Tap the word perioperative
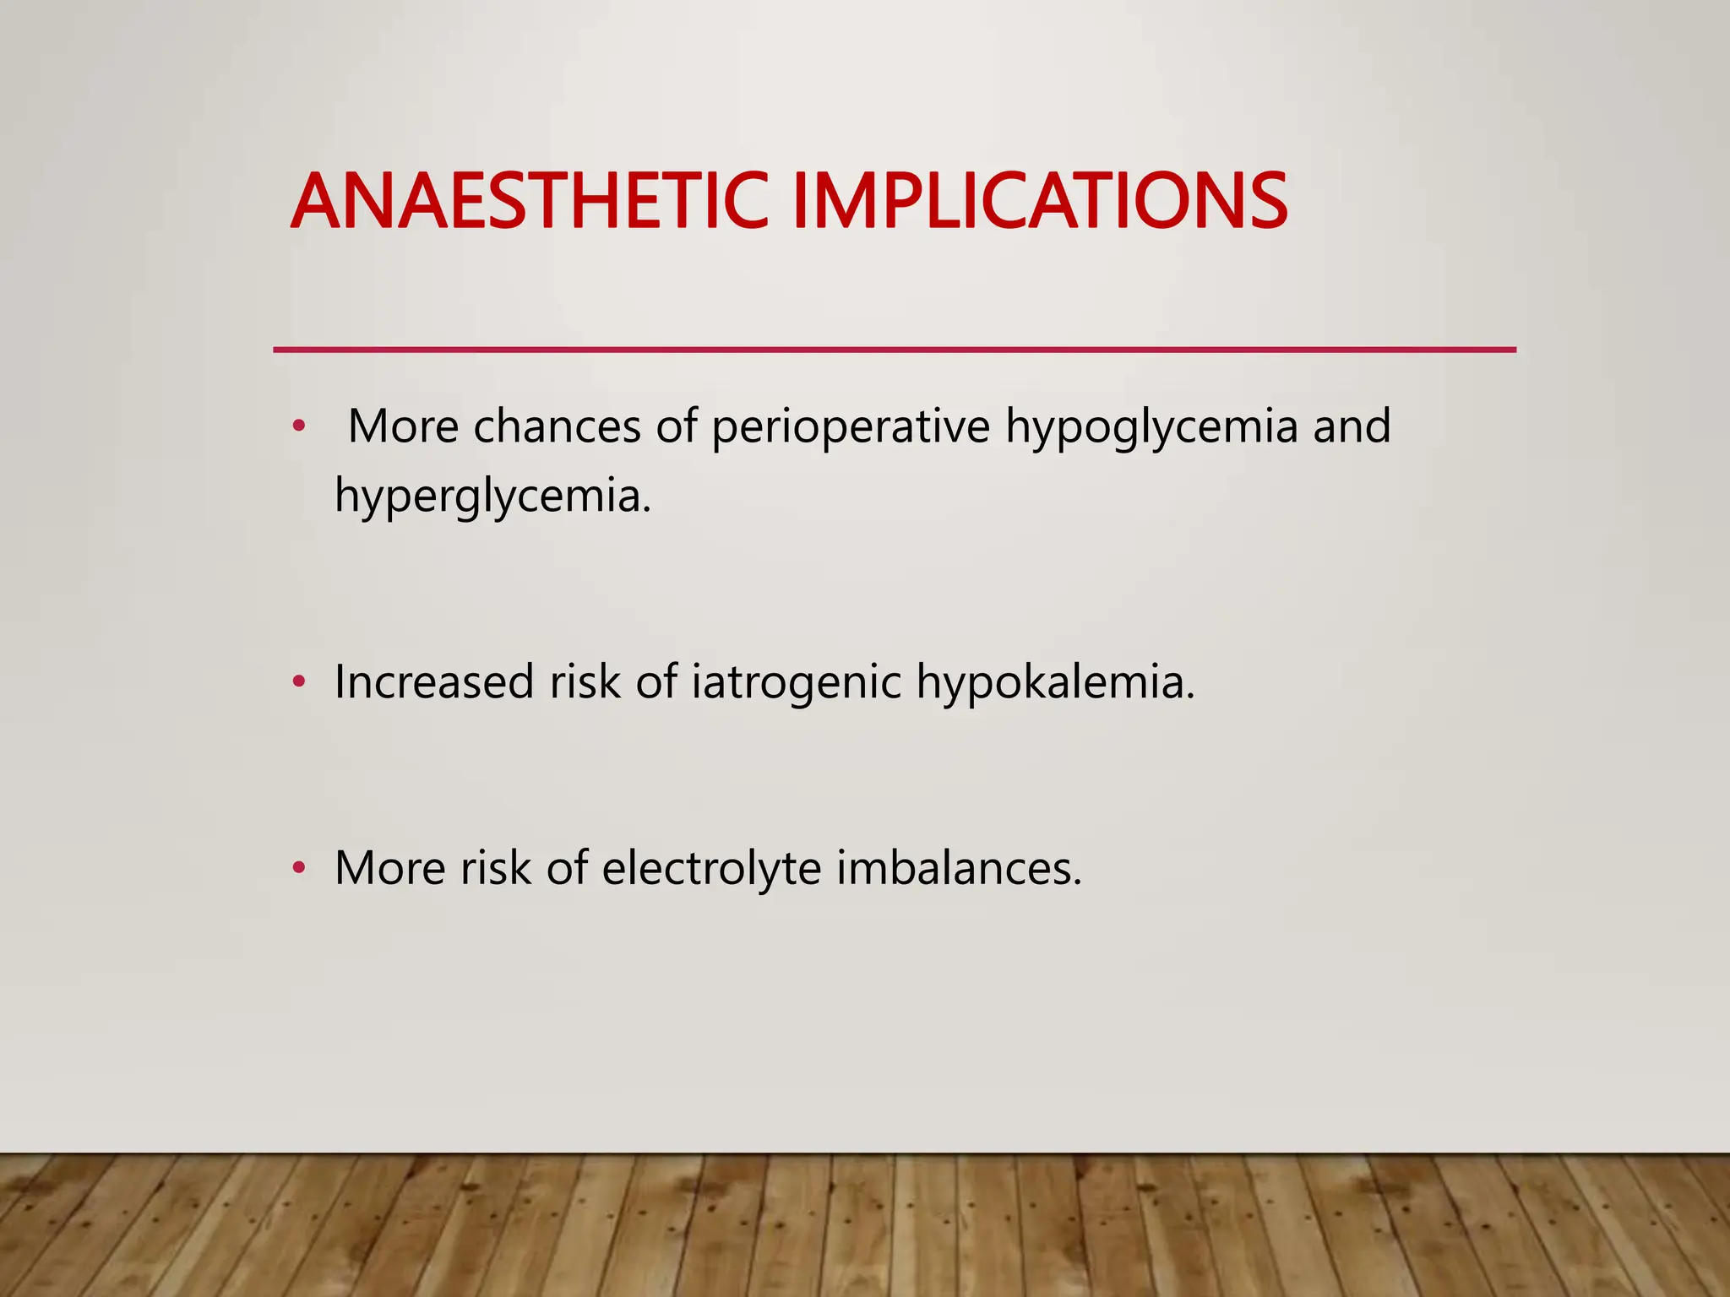tap(851, 426)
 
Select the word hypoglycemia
tap(1151, 426)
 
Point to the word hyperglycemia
tap(492, 495)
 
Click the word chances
tap(556, 426)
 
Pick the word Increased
tap(434, 681)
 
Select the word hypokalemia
tap(1055, 681)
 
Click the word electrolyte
tap(711, 868)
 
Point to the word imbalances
tap(959, 868)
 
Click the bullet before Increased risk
tap(297, 681)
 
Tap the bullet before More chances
tap(297, 426)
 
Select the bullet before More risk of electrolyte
tap(297, 868)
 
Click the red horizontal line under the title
tap(894, 349)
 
